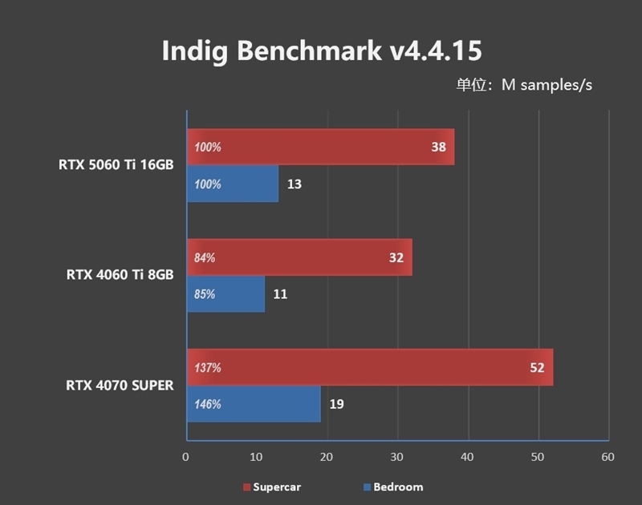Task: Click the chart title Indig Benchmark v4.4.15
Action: tap(321, 50)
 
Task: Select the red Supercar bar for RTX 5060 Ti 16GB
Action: tap(321, 147)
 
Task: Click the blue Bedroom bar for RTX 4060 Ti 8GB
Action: tap(226, 294)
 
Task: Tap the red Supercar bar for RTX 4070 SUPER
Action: tap(369, 368)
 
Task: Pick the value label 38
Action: tap(437, 147)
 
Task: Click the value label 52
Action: tap(536, 368)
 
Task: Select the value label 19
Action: tap(336, 404)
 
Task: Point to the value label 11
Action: tap(280, 294)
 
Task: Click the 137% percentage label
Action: tap(207, 368)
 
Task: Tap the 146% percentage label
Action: tap(207, 404)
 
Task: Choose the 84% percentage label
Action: tap(205, 258)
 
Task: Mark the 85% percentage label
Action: tap(205, 294)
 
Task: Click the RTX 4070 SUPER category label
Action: tap(120, 386)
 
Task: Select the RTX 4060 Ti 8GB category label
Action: tap(120, 275)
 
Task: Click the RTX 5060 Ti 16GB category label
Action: tap(116, 165)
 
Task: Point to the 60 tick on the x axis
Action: tap(607, 457)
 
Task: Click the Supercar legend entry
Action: tap(272, 487)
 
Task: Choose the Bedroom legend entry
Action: tap(392, 487)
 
